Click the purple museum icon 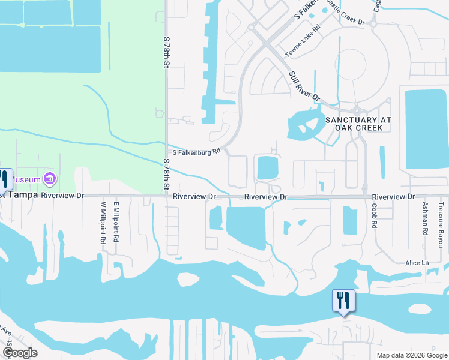50,179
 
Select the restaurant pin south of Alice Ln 343,301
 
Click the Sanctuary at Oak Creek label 358,124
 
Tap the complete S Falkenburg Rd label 197,152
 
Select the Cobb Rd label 374,214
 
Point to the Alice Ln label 417,263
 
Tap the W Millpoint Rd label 103,223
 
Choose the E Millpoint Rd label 116,222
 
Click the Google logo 20,353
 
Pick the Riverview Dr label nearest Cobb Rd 393,197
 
